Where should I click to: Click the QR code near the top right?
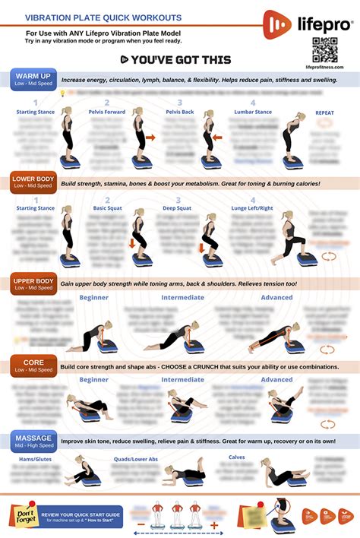coord(324,49)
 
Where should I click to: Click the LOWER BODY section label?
coord(33,183)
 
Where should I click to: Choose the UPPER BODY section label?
coord(33,285)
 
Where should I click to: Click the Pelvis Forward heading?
coord(107,112)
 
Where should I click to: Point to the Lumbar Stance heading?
coord(253,112)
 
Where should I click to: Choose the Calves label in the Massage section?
coord(236,457)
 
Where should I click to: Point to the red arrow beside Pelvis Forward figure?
coord(150,138)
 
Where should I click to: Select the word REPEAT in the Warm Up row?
coord(324,112)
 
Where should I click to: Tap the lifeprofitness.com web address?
coord(324,67)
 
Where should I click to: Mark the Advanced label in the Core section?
coord(276,379)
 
